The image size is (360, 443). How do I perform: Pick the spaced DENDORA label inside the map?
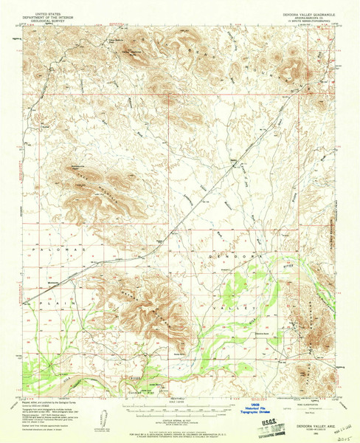(x=227, y=254)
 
